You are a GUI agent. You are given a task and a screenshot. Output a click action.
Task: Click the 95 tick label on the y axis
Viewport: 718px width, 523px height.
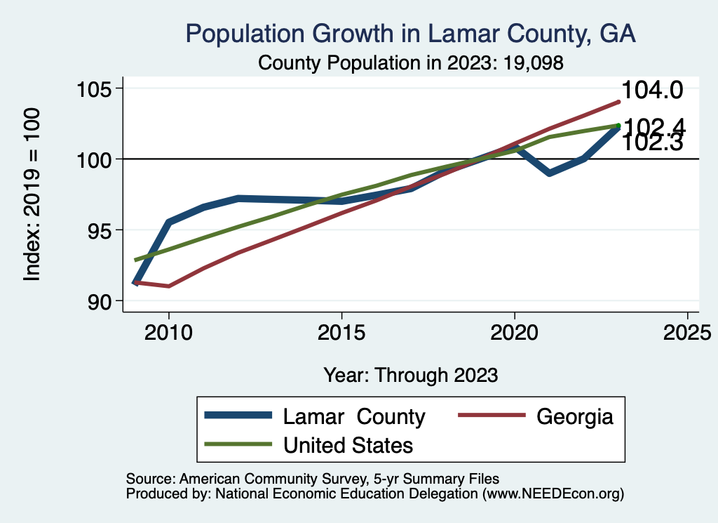coord(99,230)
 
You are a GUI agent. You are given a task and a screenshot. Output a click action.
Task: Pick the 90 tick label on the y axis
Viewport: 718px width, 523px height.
coord(99,301)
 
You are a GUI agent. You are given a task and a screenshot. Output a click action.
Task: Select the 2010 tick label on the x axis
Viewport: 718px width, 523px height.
coord(169,333)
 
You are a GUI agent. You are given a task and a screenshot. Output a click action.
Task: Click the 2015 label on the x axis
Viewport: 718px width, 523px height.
coord(341,333)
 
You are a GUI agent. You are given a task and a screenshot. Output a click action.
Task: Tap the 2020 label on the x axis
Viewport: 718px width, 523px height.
coord(514,333)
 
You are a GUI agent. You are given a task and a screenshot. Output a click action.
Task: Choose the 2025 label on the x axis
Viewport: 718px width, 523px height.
coord(687,333)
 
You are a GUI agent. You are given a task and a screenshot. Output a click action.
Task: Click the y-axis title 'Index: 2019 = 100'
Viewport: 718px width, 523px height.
coord(32,194)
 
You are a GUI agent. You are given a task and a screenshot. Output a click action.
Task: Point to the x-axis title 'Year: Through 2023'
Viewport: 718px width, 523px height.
coord(411,375)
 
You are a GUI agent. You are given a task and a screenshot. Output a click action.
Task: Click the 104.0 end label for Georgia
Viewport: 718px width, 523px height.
coord(652,91)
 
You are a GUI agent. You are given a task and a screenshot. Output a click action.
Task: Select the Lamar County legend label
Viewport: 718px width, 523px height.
coord(354,416)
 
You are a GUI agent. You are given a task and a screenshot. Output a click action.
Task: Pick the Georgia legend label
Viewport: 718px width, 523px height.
coord(575,416)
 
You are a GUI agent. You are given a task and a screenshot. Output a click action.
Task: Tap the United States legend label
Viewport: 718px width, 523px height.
coord(348,445)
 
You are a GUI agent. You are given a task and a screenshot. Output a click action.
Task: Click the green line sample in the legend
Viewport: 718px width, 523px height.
coord(238,444)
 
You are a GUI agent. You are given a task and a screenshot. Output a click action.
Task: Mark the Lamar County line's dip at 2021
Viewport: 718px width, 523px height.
coord(549,173)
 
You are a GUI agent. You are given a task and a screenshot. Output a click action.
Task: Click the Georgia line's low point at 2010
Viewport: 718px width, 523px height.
coord(169,286)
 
